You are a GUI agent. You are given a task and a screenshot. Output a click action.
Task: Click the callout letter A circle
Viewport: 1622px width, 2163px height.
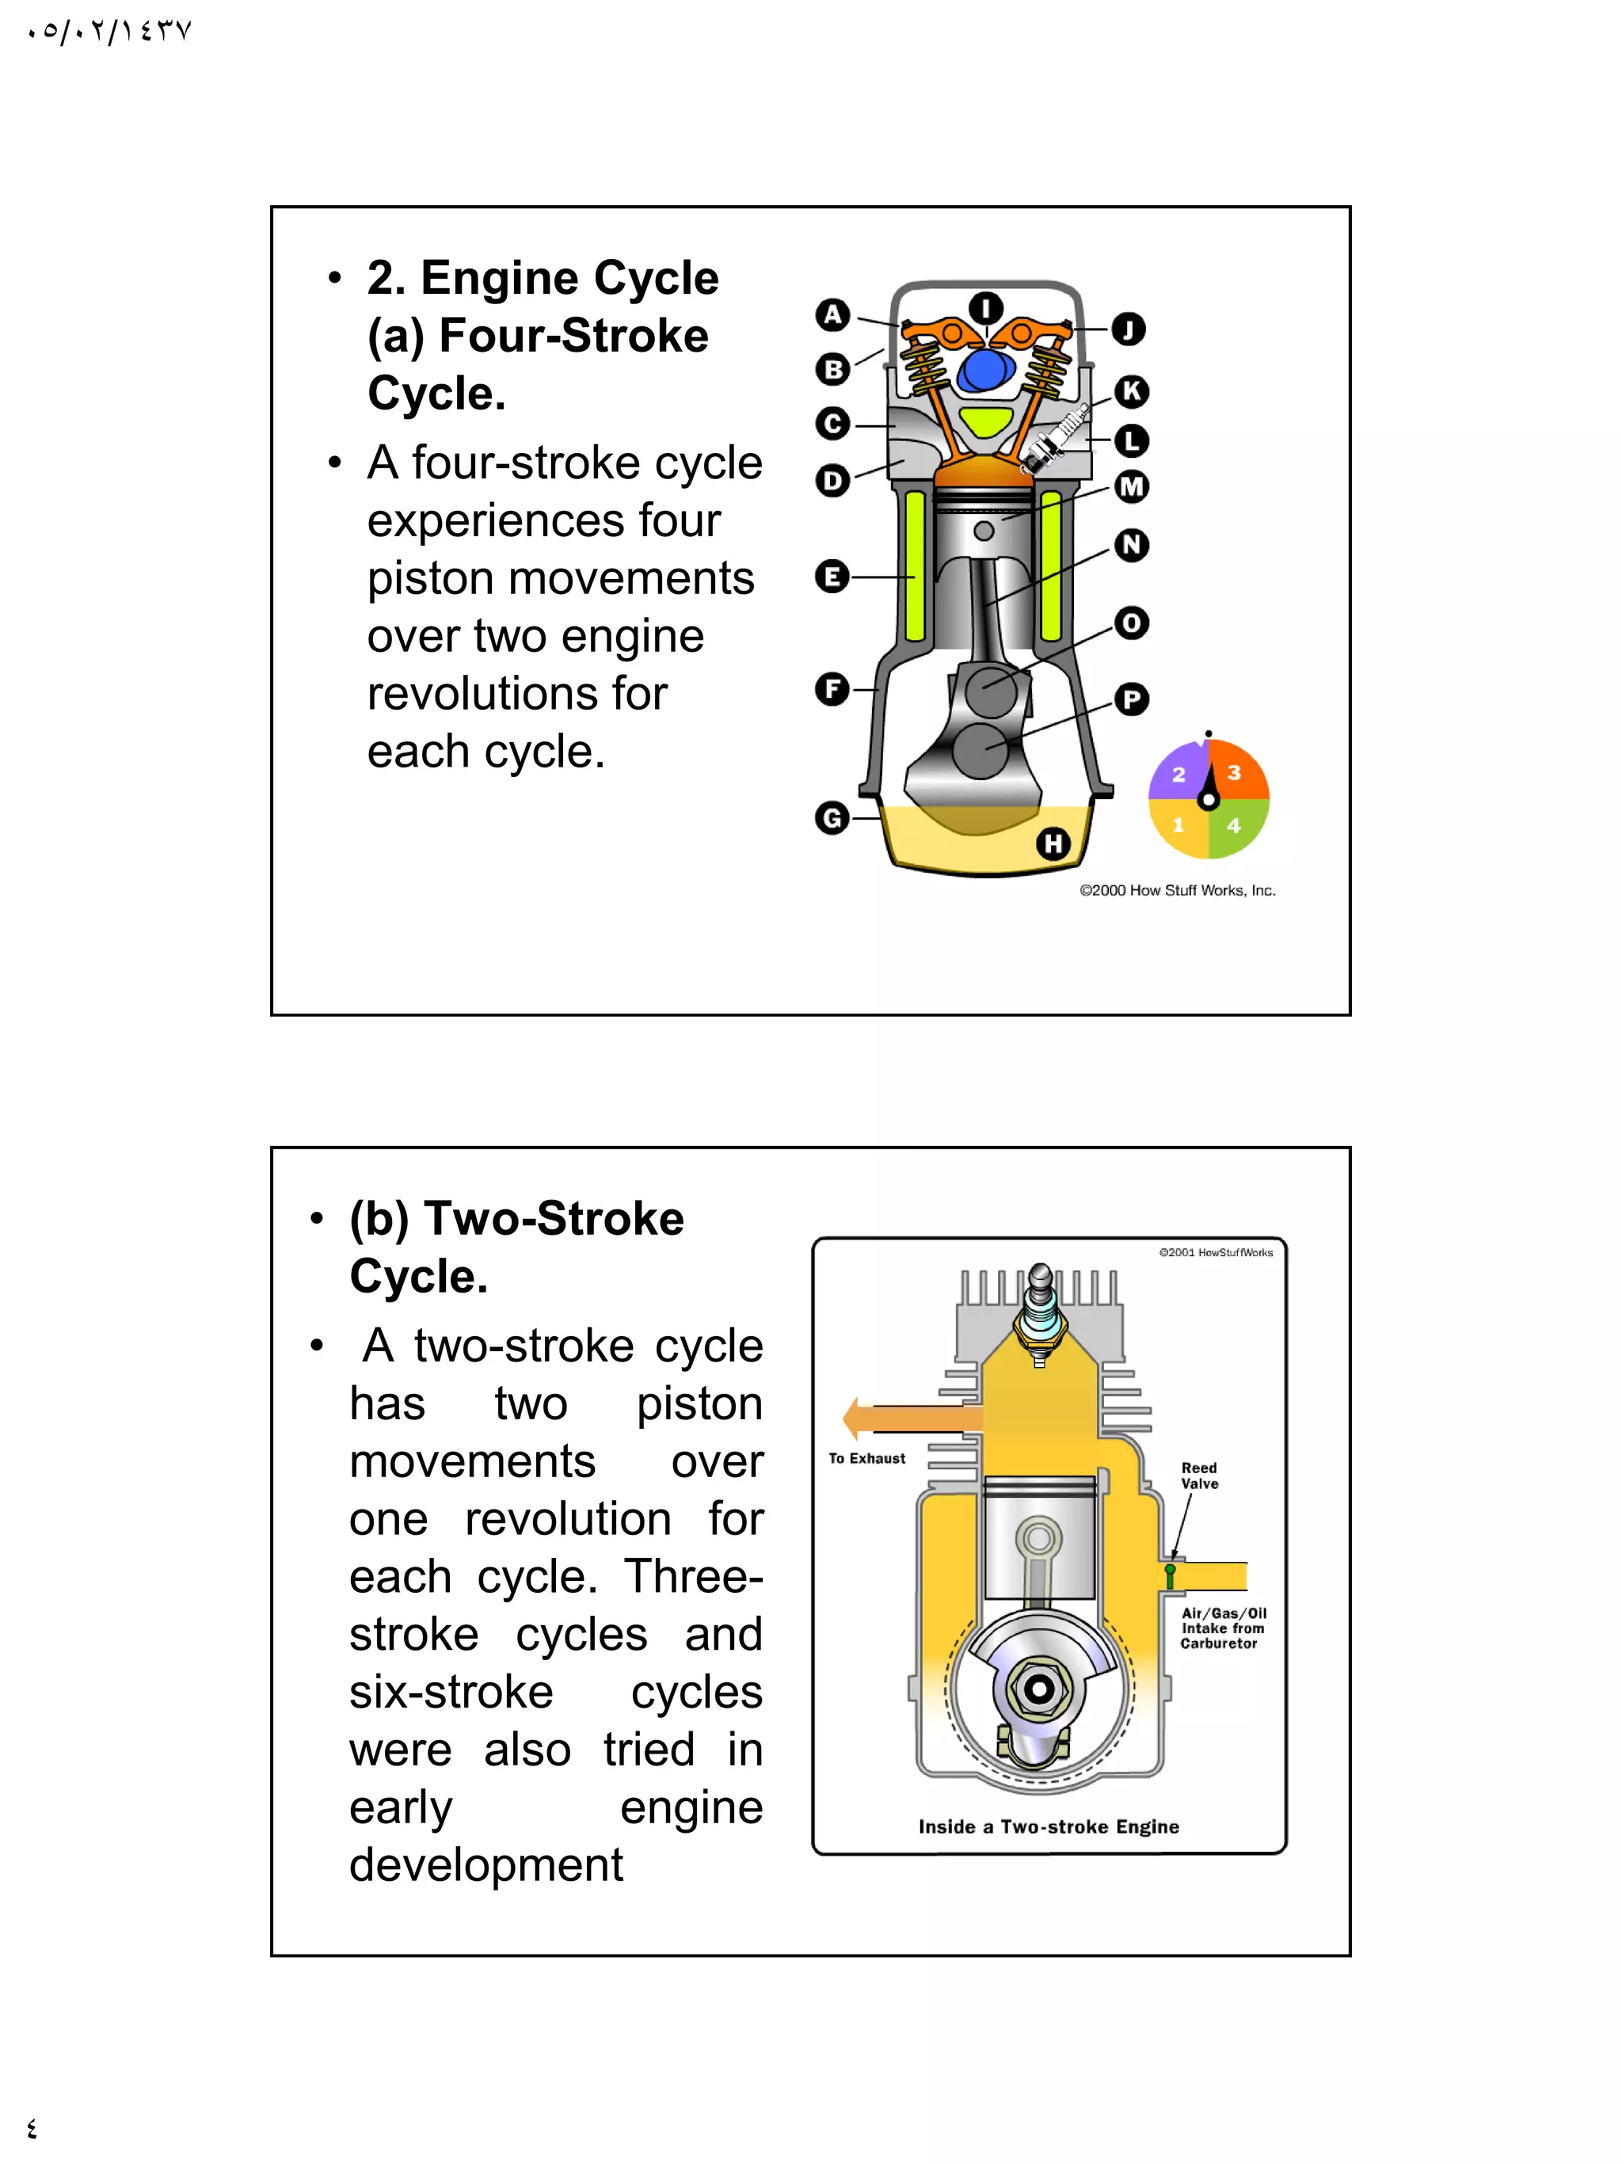tap(832, 315)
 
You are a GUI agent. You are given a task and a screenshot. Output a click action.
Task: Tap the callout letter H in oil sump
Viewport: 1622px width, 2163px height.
tap(1053, 843)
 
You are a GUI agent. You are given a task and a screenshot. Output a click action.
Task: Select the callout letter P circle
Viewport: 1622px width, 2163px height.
tap(1131, 699)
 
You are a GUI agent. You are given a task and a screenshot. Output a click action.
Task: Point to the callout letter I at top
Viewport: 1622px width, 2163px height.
tap(985, 308)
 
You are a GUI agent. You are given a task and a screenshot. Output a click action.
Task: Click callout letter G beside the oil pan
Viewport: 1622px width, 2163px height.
tap(832, 817)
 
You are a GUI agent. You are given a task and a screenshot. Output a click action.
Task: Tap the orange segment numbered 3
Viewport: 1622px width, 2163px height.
tap(1235, 771)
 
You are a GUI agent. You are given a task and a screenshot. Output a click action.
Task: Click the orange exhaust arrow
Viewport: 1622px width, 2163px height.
tap(909, 1418)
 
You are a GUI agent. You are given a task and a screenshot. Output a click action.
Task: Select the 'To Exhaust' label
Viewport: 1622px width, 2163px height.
tap(866, 1458)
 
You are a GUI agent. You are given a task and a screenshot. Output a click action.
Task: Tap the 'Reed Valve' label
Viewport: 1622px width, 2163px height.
tap(1200, 1476)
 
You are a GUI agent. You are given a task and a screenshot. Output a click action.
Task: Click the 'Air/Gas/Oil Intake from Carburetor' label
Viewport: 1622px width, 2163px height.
tap(1222, 1628)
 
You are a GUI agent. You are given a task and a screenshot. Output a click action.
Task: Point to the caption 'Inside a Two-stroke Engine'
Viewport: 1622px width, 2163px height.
tap(1048, 1826)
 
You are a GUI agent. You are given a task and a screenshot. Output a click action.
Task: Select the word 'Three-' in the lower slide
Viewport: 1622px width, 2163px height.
tap(693, 1576)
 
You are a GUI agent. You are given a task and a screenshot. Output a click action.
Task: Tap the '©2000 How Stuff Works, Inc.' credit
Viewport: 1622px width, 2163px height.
tap(1177, 890)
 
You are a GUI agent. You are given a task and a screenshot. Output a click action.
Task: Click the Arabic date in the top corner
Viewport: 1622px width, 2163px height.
tap(109, 32)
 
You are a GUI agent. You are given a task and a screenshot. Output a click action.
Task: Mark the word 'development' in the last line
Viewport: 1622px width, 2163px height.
tap(486, 1864)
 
